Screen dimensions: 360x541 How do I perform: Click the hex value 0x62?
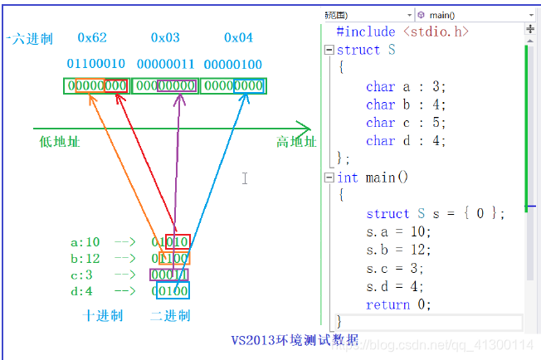(92, 38)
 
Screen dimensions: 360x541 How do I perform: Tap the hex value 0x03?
(165, 38)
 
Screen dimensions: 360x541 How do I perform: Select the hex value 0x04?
(238, 38)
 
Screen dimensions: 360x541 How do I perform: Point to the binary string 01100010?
(95, 65)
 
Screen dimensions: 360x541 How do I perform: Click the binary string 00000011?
(165, 65)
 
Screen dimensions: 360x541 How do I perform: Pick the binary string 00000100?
(233, 65)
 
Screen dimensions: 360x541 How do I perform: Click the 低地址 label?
(60, 142)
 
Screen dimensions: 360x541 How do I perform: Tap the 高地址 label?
(296, 142)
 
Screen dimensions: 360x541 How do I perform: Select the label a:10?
(85, 242)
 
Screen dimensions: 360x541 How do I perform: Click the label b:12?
(85, 259)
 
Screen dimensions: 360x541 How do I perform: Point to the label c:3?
(83, 275)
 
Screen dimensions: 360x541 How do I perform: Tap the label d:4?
(82, 291)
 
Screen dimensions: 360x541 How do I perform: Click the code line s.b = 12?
(398, 250)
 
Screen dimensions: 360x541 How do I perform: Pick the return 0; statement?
(398, 304)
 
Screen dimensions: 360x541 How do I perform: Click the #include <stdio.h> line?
(402, 32)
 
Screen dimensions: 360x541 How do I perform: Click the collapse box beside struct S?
(329, 50)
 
